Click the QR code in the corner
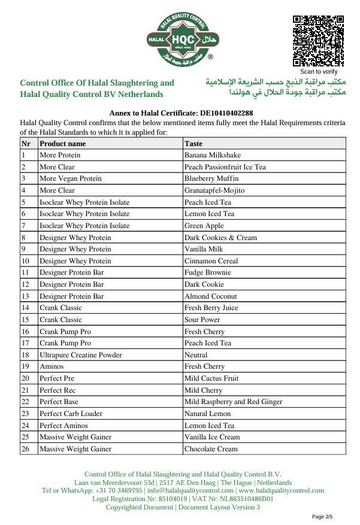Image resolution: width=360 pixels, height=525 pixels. tap(318, 41)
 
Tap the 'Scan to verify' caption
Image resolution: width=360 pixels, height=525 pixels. tap(318, 72)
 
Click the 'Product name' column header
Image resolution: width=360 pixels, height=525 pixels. tap(62, 144)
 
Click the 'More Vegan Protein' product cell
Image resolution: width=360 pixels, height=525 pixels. tap(70, 178)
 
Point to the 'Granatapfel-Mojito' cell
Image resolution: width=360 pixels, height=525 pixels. tap(214, 190)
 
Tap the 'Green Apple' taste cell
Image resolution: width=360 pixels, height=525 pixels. tap(204, 226)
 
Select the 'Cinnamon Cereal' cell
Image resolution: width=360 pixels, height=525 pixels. tap(211, 261)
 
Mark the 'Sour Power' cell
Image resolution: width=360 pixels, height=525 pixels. tap(202, 320)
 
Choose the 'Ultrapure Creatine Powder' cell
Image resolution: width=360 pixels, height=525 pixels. tap(80, 355)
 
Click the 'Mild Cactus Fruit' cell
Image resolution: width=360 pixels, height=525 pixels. tap(211, 378)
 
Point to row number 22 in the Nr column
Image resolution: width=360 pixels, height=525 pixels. tap(25, 402)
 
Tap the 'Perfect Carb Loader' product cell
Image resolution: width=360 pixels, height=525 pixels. tap(71, 414)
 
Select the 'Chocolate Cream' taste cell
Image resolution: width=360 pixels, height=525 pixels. tap(211, 449)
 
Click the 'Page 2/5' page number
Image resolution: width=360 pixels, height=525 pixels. tap(322, 516)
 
